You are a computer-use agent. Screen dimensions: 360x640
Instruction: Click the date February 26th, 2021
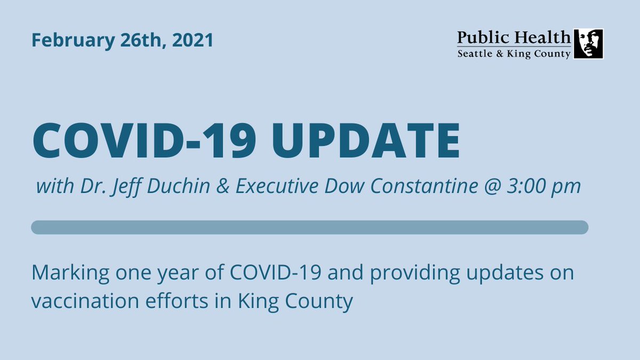(x=122, y=41)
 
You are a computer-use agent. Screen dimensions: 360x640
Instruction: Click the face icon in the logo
(x=588, y=44)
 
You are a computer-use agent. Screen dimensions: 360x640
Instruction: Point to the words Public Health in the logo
(x=514, y=37)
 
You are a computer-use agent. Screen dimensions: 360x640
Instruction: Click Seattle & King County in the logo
(x=514, y=54)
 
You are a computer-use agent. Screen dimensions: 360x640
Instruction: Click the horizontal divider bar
(x=309, y=227)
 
